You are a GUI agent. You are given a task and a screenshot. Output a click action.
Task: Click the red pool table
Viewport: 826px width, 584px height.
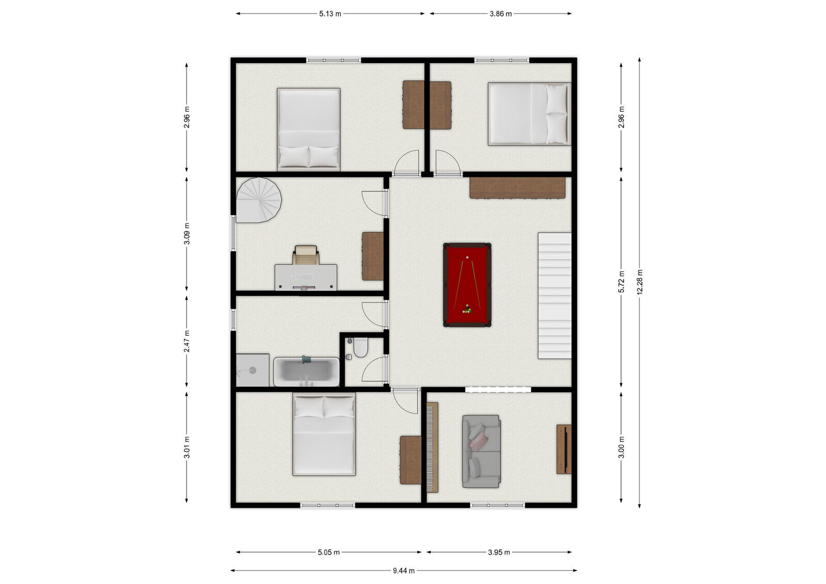(x=467, y=285)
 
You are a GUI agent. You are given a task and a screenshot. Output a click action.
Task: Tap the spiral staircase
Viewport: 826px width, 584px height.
(x=259, y=200)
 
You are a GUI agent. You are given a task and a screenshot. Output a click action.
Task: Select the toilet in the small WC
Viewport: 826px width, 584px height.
(x=360, y=347)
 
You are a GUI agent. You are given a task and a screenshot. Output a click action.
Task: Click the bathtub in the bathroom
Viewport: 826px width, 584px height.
(x=306, y=371)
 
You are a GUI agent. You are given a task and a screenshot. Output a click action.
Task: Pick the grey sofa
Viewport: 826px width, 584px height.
(x=481, y=451)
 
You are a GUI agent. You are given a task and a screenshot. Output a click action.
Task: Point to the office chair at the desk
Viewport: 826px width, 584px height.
(x=305, y=255)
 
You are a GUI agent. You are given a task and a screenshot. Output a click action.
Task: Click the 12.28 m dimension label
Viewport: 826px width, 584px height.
(x=640, y=282)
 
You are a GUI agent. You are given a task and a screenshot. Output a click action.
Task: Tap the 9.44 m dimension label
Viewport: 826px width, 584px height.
(x=403, y=571)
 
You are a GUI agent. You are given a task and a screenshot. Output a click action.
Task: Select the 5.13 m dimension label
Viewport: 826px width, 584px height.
(x=330, y=14)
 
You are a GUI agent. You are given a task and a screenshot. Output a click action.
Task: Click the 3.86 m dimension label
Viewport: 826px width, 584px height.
(x=501, y=14)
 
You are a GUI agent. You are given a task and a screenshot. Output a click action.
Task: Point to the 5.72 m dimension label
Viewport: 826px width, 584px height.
(x=622, y=282)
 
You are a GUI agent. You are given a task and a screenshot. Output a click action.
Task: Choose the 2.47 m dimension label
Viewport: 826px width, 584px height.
(x=186, y=341)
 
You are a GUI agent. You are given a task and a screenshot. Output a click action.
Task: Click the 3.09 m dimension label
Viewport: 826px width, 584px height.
(x=186, y=233)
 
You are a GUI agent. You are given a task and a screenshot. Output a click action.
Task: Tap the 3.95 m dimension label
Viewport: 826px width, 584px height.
(x=499, y=553)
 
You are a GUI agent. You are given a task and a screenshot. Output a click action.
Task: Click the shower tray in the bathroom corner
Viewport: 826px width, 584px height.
(x=252, y=370)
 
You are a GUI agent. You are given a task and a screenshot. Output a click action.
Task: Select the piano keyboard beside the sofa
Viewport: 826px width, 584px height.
(x=432, y=447)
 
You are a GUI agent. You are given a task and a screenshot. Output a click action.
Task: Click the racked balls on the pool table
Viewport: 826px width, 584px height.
(x=467, y=309)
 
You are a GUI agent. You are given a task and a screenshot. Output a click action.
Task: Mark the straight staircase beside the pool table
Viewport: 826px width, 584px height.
(x=554, y=296)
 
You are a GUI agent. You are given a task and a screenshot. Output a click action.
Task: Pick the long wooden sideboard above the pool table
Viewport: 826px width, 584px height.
(x=517, y=188)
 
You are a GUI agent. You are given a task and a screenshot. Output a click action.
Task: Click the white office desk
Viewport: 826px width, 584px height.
(x=306, y=277)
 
